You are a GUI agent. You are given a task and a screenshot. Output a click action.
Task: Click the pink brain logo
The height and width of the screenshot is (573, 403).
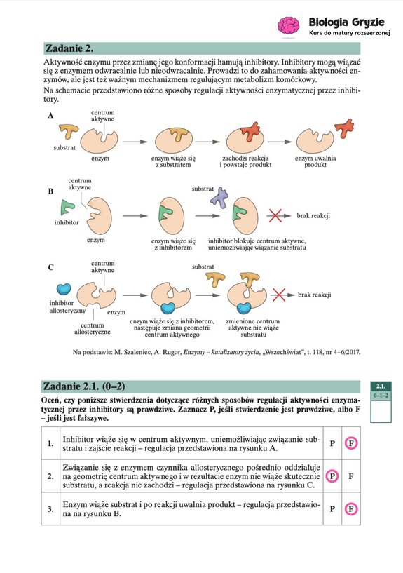289,27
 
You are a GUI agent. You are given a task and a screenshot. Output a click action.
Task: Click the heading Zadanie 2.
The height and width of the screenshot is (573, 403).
69,49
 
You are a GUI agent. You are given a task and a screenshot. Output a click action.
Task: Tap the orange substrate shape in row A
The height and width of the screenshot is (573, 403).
68,131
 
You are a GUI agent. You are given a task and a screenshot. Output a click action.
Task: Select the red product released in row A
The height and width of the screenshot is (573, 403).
346,128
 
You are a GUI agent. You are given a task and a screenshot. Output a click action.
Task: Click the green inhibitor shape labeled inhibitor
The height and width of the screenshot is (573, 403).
68,207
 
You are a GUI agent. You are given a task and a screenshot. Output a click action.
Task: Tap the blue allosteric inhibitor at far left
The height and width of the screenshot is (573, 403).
63,288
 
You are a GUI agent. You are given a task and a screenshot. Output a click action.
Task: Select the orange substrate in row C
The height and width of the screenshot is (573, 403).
216,279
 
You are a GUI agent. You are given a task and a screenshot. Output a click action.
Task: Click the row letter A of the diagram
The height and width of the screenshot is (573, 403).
50,116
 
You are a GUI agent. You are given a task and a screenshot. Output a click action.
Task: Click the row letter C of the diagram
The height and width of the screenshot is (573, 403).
50,267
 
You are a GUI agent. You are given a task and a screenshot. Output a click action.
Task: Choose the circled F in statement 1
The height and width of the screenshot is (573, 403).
350,443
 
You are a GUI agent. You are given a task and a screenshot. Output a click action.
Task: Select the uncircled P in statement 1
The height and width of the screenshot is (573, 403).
332,443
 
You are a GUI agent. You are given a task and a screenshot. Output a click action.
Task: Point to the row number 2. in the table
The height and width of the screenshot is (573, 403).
50,476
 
